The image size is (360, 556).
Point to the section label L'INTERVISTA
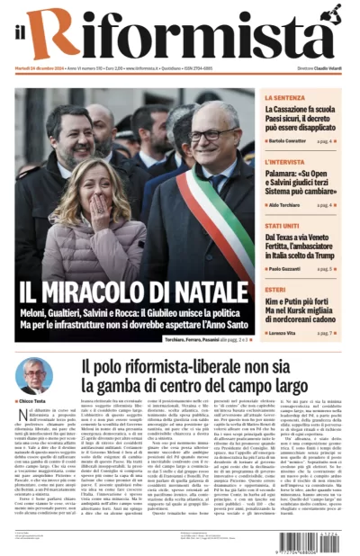tap(285, 163)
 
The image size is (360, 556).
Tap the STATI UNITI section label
tap(283, 226)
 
